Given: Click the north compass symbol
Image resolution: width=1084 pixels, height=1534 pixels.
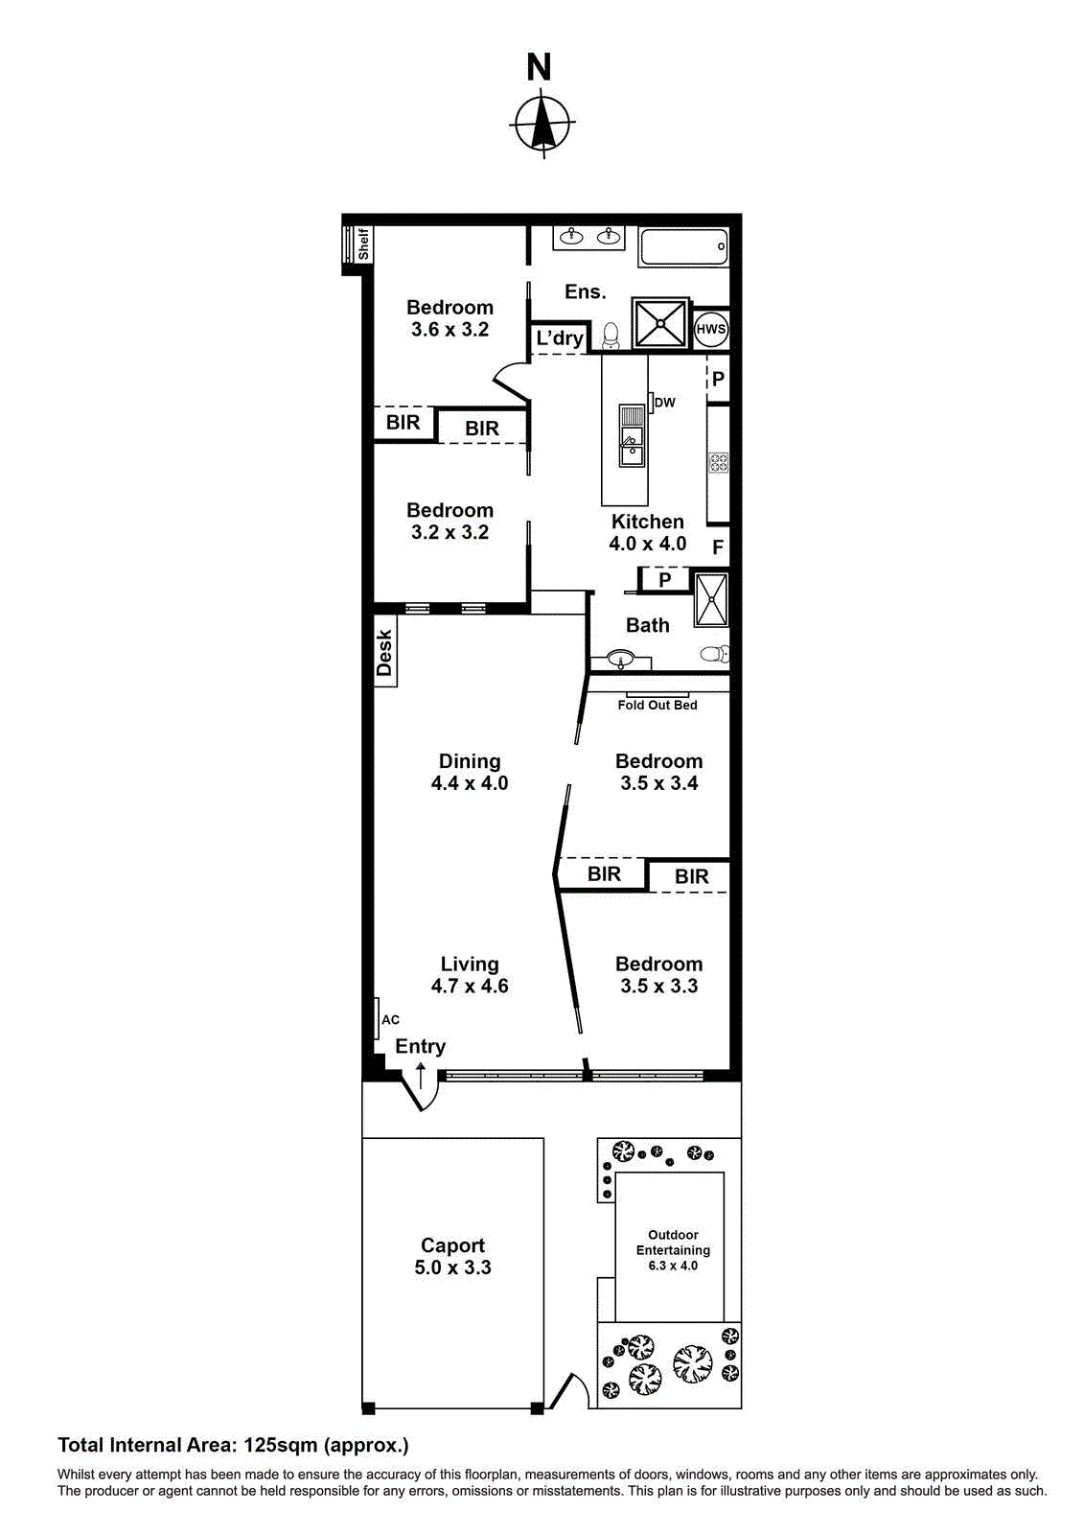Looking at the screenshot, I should coord(542,124).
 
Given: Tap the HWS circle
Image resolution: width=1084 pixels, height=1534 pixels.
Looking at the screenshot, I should coord(710,329).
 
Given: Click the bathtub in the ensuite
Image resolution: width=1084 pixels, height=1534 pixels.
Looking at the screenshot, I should coord(683,247).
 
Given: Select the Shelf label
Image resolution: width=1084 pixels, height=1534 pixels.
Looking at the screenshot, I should coord(363,244).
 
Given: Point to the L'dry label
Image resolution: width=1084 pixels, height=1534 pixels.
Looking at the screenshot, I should coord(559,337).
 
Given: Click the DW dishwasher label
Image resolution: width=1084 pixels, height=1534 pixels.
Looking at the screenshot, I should coord(664,403).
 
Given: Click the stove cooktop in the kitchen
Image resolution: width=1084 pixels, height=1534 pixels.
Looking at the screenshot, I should coord(718,464).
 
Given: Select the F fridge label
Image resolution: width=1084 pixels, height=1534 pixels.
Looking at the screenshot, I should coord(718,547).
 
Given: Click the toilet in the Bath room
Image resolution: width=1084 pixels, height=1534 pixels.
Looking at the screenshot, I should coord(715,655).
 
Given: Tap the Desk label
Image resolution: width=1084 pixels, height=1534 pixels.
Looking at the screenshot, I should coord(384,652).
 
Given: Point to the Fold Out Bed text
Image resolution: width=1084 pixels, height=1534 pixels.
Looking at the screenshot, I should coord(657,705).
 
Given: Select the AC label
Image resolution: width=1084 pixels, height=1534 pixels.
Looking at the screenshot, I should coord(390,1019).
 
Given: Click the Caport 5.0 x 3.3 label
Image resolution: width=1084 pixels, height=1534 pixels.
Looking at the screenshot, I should coord(452,1256).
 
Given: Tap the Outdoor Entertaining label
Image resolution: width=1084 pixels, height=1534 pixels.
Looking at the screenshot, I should coord(673,1243).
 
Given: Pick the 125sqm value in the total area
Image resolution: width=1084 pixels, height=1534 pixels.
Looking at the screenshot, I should coord(281,1445).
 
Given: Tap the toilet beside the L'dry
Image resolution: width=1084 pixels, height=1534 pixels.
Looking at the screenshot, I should coord(611,336).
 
